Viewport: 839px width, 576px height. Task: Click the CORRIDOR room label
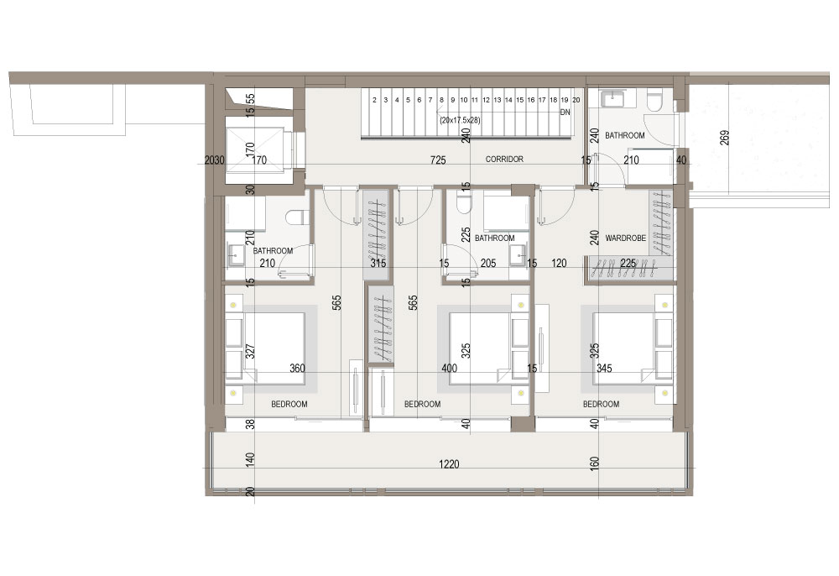pyautogui.click(x=504, y=159)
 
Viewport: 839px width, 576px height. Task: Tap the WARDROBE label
pyautogui.click(x=626, y=238)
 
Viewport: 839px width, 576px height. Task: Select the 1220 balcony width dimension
pyautogui.click(x=449, y=464)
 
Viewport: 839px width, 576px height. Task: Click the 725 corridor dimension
pyautogui.click(x=438, y=160)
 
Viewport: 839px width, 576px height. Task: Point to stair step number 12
pyautogui.click(x=486, y=100)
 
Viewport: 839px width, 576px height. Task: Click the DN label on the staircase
pyautogui.click(x=565, y=113)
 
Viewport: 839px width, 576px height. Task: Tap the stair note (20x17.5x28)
pyautogui.click(x=460, y=120)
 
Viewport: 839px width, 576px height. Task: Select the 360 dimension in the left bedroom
pyautogui.click(x=297, y=369)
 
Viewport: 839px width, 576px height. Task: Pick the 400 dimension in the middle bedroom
pyautogui.click(x=450, y=369)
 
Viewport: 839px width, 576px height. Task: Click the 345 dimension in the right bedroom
pyautogui.click(x=604, y=369)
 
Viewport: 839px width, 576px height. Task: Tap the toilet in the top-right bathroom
pyautogui.click(x=654, y=100)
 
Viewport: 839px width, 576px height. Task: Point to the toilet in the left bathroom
pyautogui.click(x=296, y=217)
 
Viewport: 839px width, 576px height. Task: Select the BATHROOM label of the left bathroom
pyautogui.click(x=273, y=250)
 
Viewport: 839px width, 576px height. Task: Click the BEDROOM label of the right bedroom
pyautogui.click(x=601, y=404)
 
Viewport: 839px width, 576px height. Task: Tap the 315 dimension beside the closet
pyautogui.click(x=378, y=264)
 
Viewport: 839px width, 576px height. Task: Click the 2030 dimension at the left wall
pyautogui.click(x=215, y=160)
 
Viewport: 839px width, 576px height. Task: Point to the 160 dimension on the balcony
pyautogui.click(x=594, y=463)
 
